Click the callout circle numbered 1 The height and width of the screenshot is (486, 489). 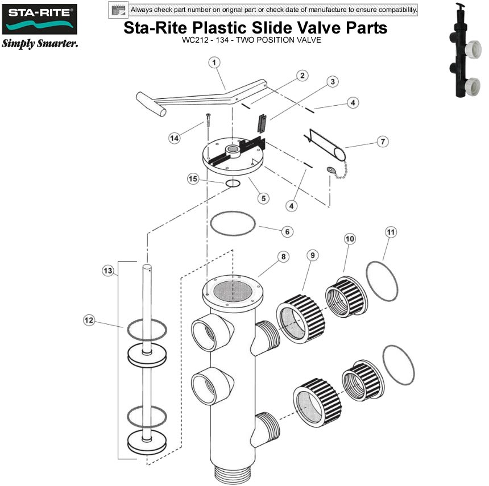(214, 63)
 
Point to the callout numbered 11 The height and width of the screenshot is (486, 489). (391, 232)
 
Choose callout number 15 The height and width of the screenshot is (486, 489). (194, 179)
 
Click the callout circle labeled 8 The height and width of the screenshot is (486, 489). (283, 256)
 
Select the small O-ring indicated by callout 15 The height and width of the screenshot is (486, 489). (233, 183)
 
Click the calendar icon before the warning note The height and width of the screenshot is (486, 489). (119, 10)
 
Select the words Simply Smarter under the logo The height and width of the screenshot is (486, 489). (40, 44)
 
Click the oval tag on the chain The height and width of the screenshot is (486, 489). (331, 169)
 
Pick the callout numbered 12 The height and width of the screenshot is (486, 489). (89, 321)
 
